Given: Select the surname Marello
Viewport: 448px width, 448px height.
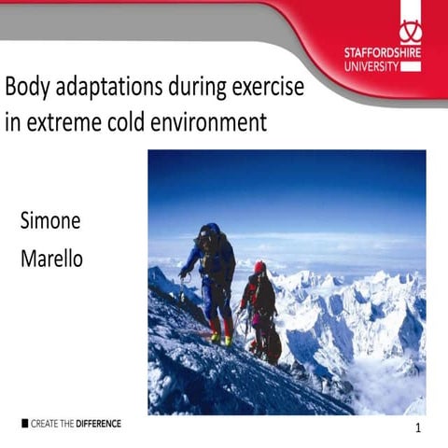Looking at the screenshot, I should pyautogui.click(x=51, y=259).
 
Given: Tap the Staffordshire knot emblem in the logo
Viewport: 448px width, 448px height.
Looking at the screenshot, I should pyautogui.click(x=411, y=32).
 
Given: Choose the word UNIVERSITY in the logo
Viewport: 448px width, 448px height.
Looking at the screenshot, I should pyautogui.click(x=371, y=66).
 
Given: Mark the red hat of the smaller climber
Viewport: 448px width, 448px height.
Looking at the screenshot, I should pyautogui.click(x=259, y=268).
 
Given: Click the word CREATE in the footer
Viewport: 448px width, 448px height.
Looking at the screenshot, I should pyautogui.click(x=44, y=424).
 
